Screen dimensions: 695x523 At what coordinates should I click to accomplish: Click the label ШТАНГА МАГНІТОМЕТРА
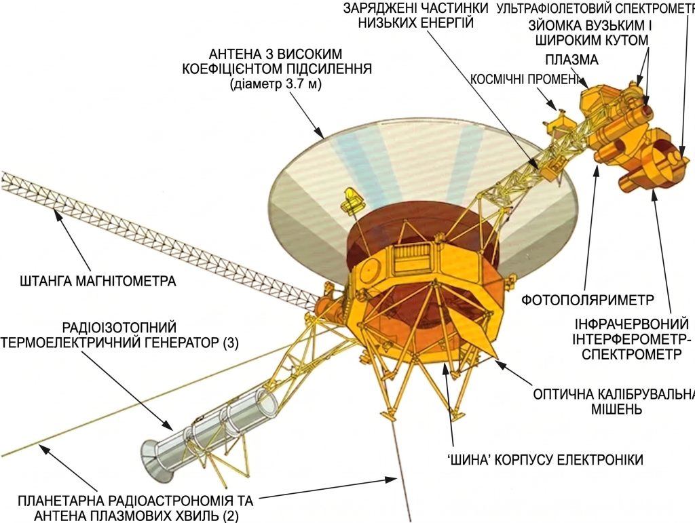[x=98, y=281]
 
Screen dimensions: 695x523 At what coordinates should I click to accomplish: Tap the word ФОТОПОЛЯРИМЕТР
[x=587, y=300]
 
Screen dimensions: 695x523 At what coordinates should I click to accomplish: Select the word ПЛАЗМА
[x=571, y=59]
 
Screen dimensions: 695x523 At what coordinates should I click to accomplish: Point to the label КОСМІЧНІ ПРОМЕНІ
[x=525, y=79]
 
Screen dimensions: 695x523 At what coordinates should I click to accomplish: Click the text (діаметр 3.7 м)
[x=276, y=83]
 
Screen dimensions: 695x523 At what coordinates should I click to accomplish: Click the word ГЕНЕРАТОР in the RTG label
[x=176, y=343]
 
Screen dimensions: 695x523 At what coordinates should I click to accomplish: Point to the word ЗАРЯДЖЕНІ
[x=377, y=7]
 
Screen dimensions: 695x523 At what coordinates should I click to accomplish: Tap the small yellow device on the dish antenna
[x=351, y=199]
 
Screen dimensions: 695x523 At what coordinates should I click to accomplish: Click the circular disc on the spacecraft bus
[x=367, y=271]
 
